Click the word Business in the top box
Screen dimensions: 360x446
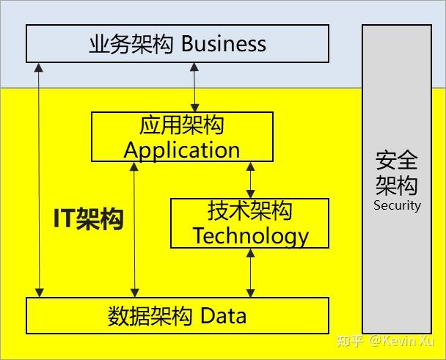(x=224, y=44)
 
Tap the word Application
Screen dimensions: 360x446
(x=182, y=150)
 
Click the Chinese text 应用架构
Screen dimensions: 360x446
(x=182, y=125)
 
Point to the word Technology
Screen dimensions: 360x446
(x=250, y=235)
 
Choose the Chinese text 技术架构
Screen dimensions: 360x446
(x=250, y=212)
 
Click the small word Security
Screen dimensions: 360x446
(x=397, y=205)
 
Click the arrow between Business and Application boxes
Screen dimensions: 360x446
(x=194, y=87)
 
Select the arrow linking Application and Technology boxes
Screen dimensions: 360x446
(x=251, y=180)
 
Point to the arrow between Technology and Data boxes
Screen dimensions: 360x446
(x=251, y=273)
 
